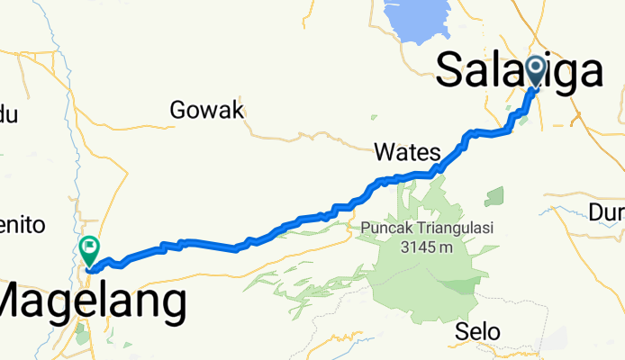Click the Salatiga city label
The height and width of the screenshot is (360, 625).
[x=519, y=70]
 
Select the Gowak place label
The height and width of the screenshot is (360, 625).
[x=207, y=111]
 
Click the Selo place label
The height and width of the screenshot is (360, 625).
[x=477, y=331]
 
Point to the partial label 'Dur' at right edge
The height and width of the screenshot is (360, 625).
[x=608, y=212]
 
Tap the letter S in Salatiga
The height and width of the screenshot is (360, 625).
[x=450, y=70]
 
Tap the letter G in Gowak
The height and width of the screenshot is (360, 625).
[x=179, y=111]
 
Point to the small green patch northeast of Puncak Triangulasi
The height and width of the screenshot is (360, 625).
[x=494, y=197]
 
